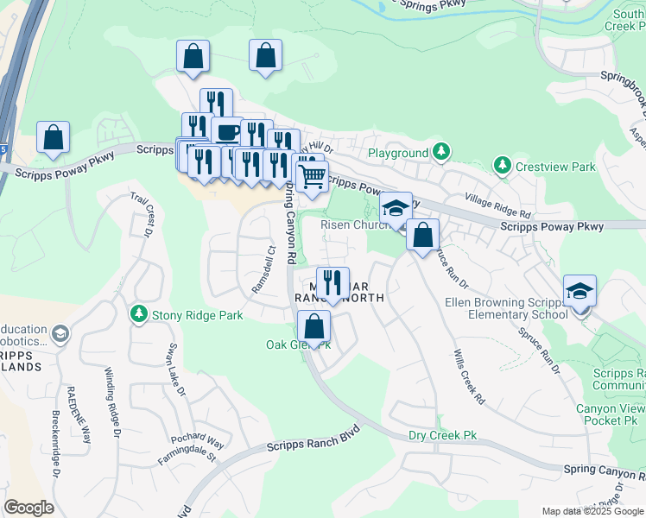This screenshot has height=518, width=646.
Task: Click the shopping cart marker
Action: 312,176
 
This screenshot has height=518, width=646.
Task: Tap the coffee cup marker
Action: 227,133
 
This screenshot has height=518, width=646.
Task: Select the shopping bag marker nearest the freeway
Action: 53,137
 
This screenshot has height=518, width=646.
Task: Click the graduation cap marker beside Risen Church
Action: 396,208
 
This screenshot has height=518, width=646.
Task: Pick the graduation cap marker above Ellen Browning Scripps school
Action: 579,291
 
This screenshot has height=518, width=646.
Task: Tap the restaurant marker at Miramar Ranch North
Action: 332,281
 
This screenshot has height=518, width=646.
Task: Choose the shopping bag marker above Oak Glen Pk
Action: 313,326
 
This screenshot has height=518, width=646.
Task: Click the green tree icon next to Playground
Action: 441,153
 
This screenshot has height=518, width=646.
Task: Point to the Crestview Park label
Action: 543,165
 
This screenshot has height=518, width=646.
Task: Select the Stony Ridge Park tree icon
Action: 137,315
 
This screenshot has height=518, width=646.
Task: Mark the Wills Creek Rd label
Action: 469,377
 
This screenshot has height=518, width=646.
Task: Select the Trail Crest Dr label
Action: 143,217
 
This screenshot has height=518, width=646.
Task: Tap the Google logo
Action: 29,508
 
